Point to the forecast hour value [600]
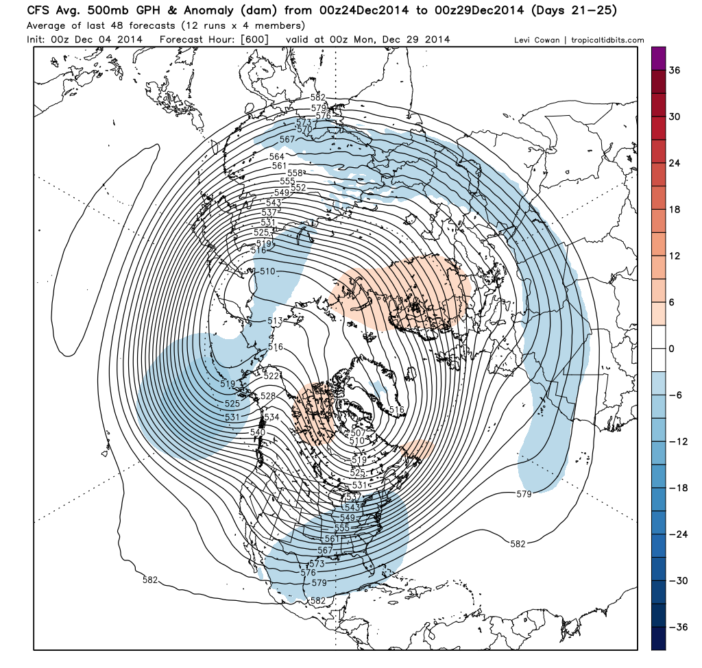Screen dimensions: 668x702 253,40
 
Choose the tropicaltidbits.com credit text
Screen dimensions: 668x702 607,40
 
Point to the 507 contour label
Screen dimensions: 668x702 357,432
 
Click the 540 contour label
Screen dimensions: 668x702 258,432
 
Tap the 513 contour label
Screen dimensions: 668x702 276,321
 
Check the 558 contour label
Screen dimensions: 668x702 295,173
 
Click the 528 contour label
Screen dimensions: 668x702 267,396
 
